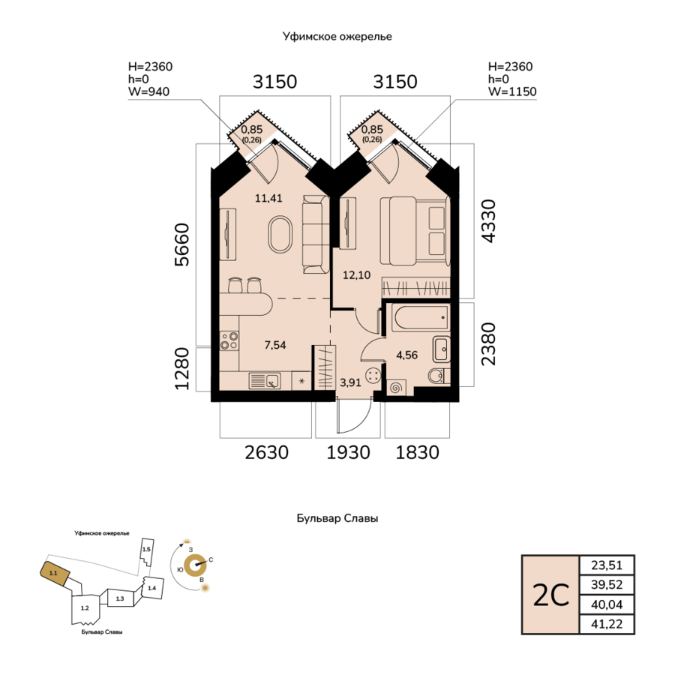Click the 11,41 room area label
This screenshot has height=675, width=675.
pos(268,198)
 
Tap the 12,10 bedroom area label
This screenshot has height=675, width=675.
pos(356,274)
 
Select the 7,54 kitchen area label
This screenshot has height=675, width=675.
pos(275,345)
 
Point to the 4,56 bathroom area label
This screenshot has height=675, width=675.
pos(406,355)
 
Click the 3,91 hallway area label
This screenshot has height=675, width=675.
pos(350,382)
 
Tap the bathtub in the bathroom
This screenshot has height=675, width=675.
pos(421,317)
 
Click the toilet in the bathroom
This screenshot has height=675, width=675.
pos(439,376)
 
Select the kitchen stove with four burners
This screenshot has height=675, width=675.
pos(229,340)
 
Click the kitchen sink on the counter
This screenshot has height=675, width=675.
pos(264,381)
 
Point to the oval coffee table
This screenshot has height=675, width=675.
pos(280,235)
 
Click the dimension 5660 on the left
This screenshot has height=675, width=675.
pos(182,244)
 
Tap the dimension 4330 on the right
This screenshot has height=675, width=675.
pos(488,221)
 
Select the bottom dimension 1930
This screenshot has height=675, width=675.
pos(348,452)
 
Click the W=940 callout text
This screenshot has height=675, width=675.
pos(149,91)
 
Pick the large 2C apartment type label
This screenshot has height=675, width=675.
pos(551,595)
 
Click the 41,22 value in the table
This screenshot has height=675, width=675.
pos(607,624)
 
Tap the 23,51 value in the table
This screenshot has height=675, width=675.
pos(607,565)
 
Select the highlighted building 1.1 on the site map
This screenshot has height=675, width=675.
pos(55,574)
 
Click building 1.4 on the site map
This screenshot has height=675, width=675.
pos(152,587)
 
